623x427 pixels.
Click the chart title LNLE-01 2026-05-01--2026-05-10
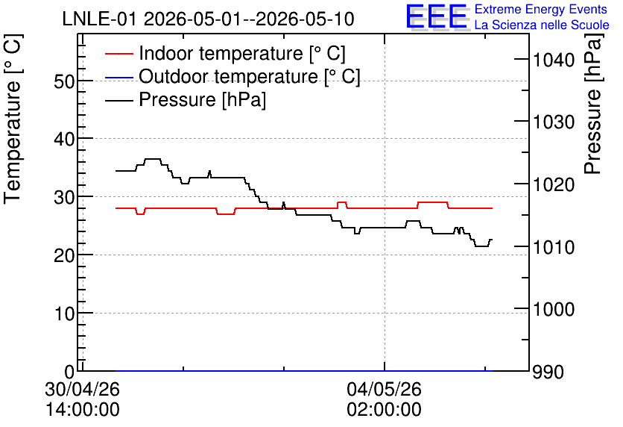tap(208, 19)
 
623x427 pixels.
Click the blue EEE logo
tap(436, 16)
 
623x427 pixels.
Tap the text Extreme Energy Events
tap(541, 9)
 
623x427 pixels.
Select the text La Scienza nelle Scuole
tap(542, 25)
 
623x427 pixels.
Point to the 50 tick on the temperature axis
tap(64, 81)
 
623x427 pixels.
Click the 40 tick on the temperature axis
tap(64, 140)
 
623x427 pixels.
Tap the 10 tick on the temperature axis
tap(64, 314)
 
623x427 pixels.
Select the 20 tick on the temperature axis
tap(64, 255)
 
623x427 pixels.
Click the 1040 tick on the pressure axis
tap(554, 60)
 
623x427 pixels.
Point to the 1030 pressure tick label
tap(554, 122)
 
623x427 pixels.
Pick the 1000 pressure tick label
tap(554, 309)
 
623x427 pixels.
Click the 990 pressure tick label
tap(548, 372)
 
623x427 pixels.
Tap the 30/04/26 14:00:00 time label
tap(82, 399)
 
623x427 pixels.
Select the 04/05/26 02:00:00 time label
tap(385, 399)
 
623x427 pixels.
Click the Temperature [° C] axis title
tap(13, 119)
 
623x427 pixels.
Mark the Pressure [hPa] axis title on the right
tap(592, 104)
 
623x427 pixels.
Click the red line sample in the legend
tap(119, 53)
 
